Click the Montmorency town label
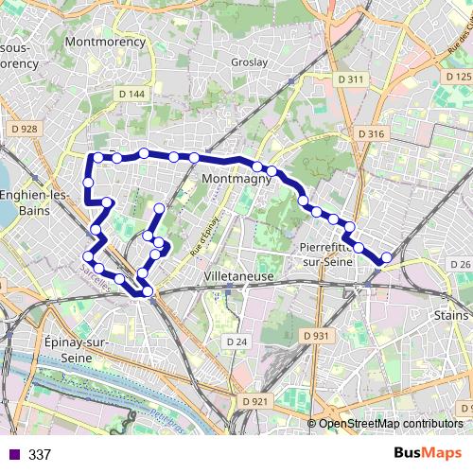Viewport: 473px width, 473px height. pyautogui.click(x=106, y=43)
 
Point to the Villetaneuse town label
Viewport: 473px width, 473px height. pyautogui.click(x=238, y=276)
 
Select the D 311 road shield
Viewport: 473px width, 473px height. pyautogui.click(x=349, y=79)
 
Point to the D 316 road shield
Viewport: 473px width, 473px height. pyautogui.click(x=372, y=134)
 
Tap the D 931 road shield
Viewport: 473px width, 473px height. pyautogui.click(x=317, y=336)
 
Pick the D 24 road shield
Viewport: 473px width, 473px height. pyautogui.click(x=236, y=341)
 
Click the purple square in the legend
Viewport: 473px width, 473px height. pyautogui.click(x=12, y=455)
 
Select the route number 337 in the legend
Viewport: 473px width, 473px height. pyautogui.click(x=40, y=455)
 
